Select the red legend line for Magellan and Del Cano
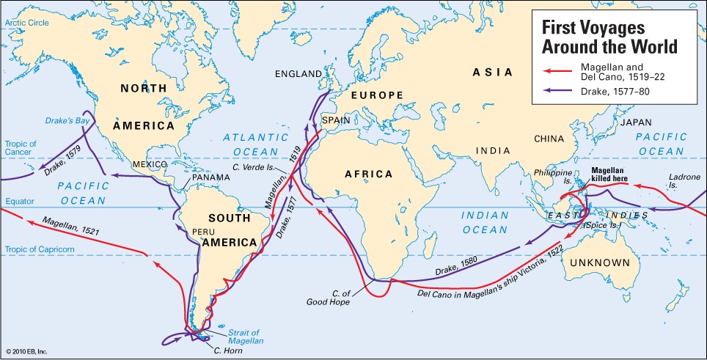[x=554, y=71]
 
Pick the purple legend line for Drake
[x=554, y=92]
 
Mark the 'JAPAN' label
[x=636, y=122]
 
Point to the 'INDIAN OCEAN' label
[x=485, y=223]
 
